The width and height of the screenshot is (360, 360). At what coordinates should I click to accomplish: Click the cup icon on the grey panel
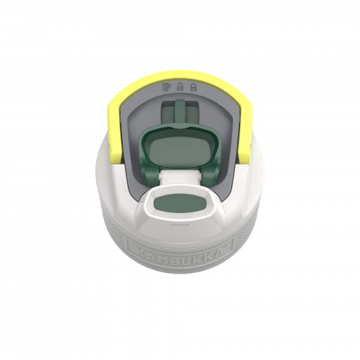pos(166,87)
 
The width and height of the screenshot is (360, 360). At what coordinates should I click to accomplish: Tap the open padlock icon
pos(179,87)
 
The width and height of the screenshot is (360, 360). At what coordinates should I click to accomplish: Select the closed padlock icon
pos(194,87)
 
